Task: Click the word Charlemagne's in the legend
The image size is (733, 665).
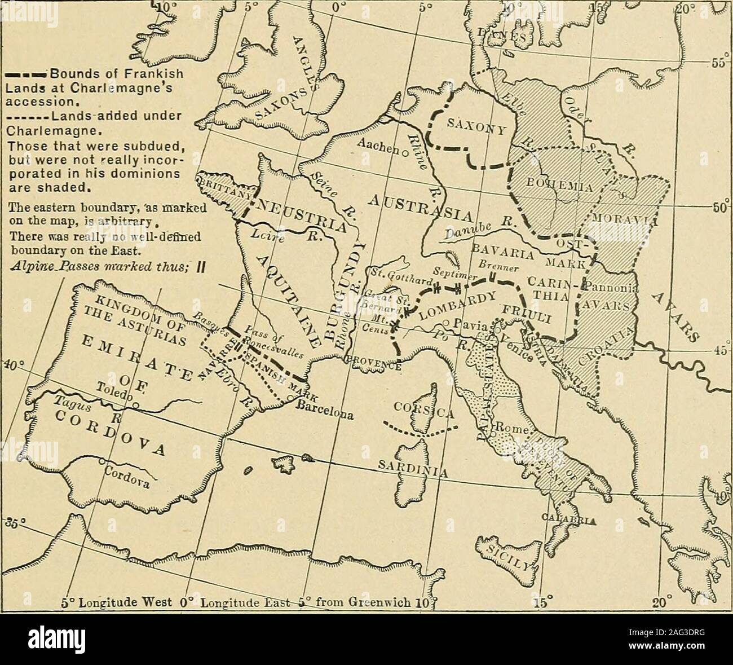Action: click(x=134, y=91)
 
